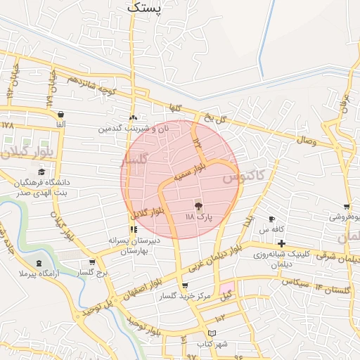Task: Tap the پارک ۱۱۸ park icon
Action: (x=198, y=206)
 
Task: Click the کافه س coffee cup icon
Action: (x=272, y=219)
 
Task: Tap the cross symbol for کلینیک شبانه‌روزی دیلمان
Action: (x=281, y=243)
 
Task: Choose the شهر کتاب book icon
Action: (x=212, y=333)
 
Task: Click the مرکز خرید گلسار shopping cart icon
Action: (x=185, y=286)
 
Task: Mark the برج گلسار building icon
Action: (x=83, y=263)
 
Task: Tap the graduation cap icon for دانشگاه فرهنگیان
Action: (x=41, y=172)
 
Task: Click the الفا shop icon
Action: (x=60, y=114)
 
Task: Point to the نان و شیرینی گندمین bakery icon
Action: (x=134, y=117)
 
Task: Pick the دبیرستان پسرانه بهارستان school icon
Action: (x=134, y=229)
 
